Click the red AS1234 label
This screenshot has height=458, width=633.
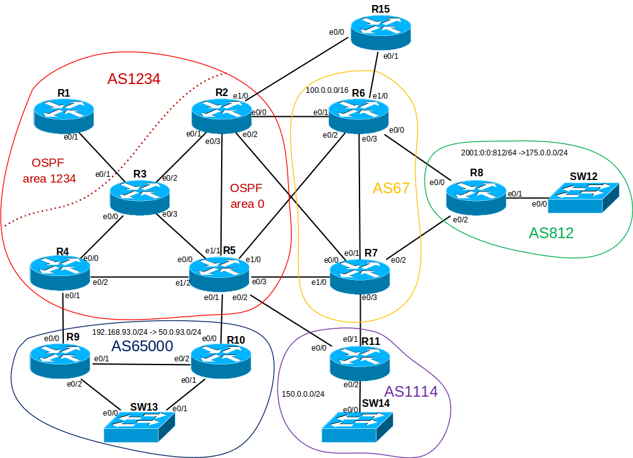[133, 80]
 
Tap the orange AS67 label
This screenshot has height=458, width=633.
[391, 188]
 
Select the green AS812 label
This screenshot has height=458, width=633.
[551, 233]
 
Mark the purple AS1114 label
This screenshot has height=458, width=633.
[411, 392]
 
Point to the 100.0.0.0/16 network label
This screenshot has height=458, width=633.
[327, 90]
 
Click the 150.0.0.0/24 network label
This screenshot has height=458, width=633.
[303, 394]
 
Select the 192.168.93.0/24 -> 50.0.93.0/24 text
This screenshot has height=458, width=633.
[147, 332]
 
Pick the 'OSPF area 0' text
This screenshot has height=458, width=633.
[247, 196]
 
